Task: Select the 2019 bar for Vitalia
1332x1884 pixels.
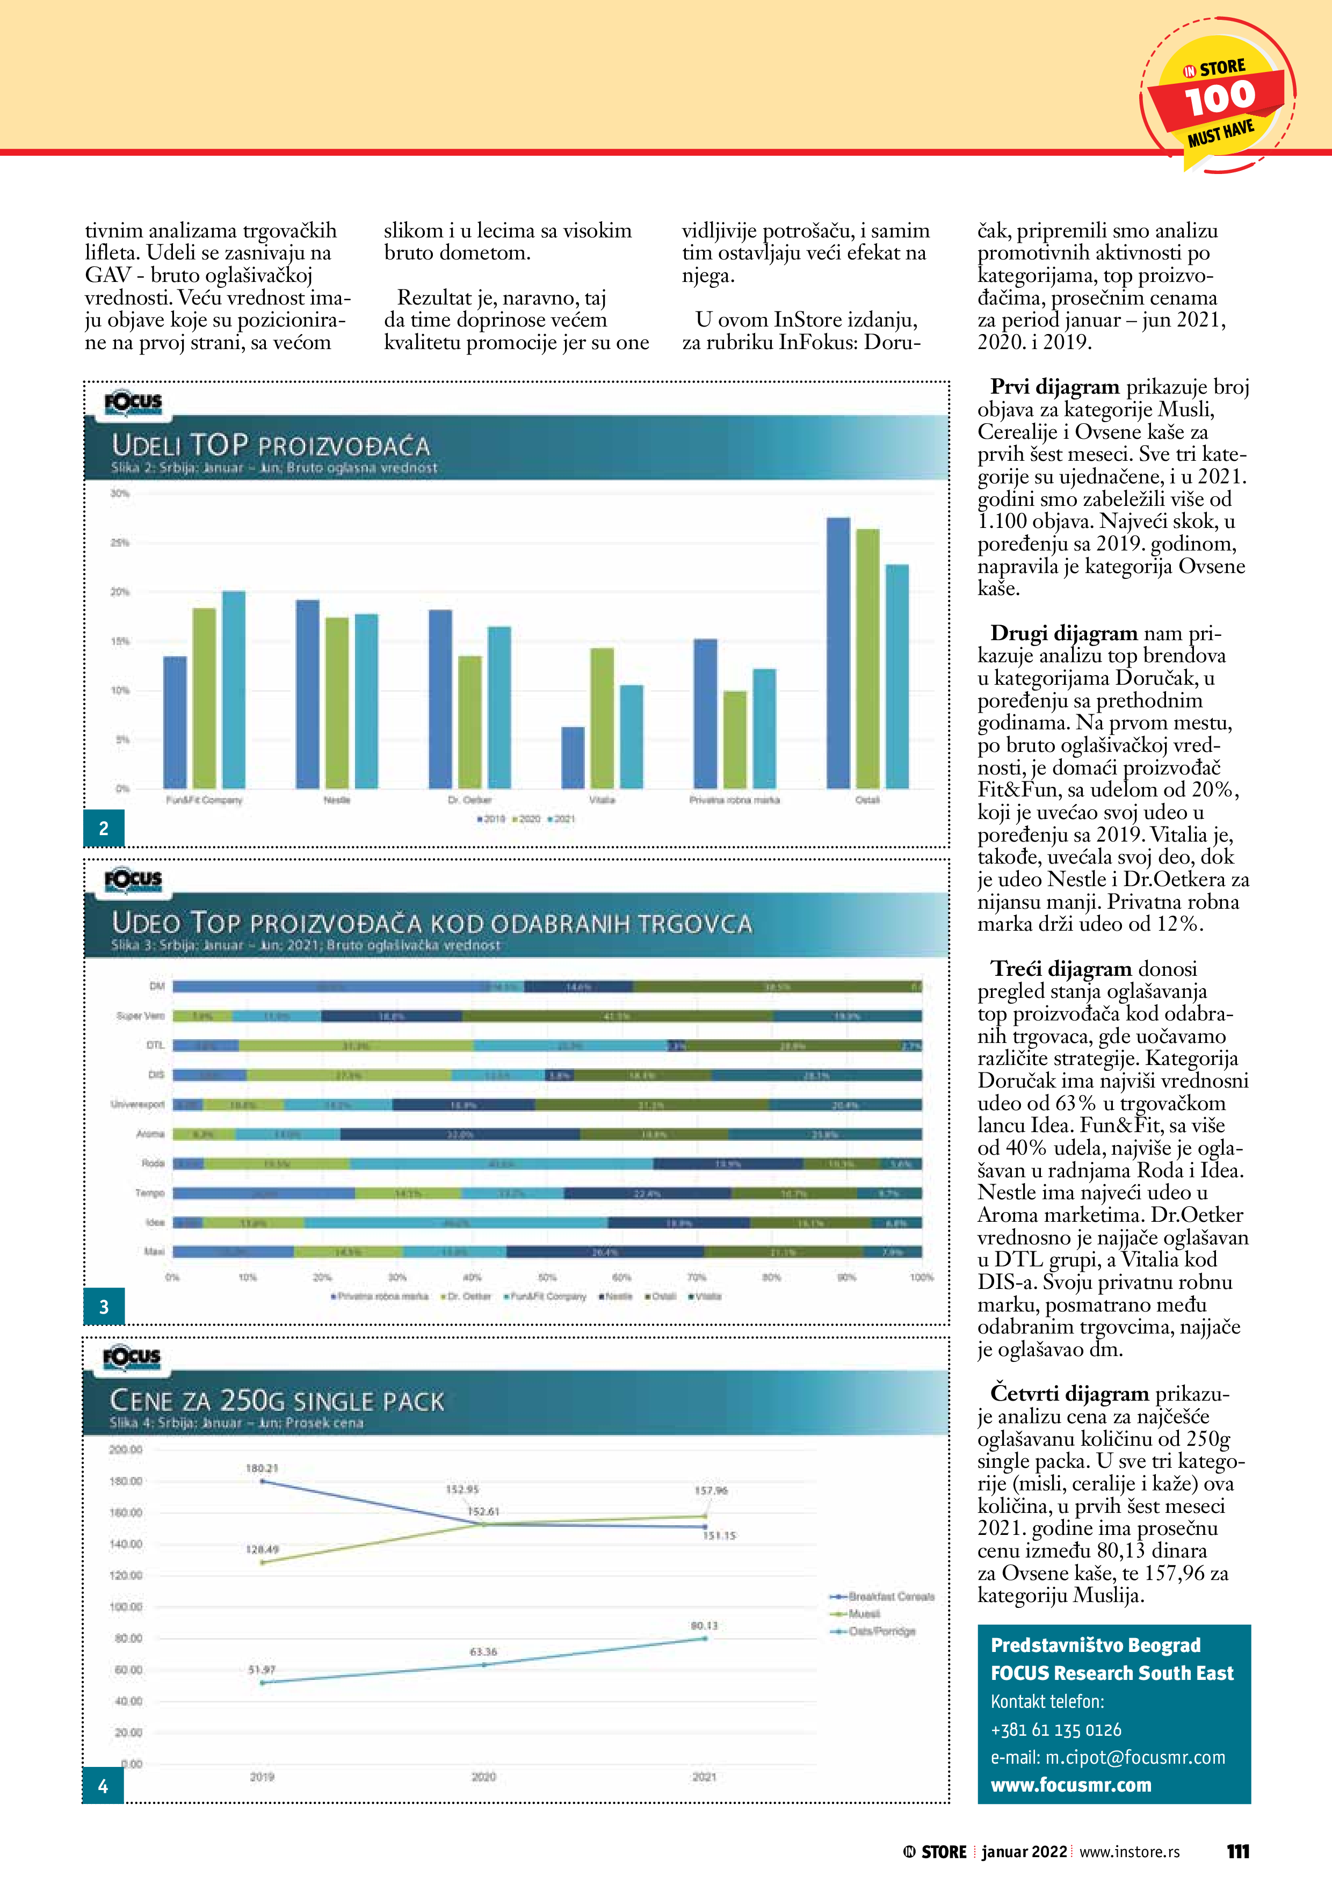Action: click(x=573, y=757)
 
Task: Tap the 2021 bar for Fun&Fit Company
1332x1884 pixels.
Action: click(x=234, y=689)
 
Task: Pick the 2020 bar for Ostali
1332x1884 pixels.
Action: click(x=867, y=658)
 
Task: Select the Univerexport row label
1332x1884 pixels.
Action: click(x=138, y=1105)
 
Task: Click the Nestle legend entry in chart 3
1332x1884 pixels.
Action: click(x=617, y=1296)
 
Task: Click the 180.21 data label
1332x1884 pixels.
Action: click(x=262, y=1468)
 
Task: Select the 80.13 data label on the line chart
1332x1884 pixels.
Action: click(x=704, y=1626)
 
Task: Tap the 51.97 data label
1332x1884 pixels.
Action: click(x=262, y=1670)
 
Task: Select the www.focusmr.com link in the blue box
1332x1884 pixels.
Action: click(x=1070, y=1786)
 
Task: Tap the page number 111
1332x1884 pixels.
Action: click(x=1237, y=1852)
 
